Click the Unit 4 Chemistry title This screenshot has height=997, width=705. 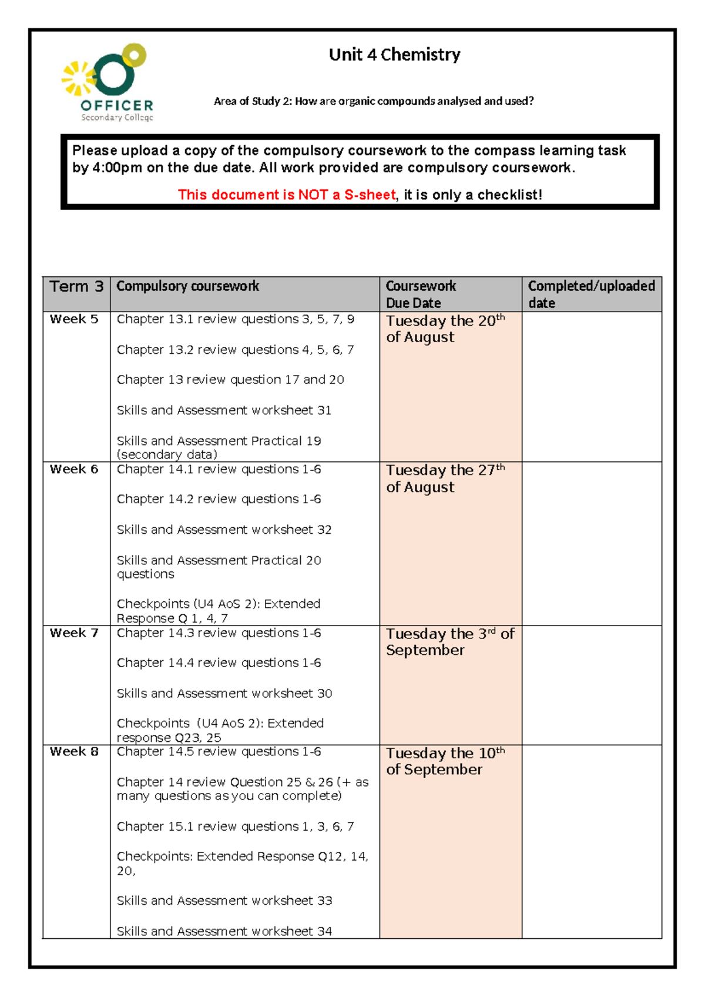click(394, 55)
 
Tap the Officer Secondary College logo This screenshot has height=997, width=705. click(108, 82)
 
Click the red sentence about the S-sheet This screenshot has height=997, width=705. click(287, 195)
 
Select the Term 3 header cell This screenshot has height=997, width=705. click(76, 287)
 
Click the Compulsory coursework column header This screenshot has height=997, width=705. click(187, 286)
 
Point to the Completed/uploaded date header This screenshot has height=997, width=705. click(591, 294)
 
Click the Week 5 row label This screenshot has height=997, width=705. click(74, 319)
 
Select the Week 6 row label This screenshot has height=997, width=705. click(74, 469)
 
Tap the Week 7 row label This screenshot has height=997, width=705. click(74, 633)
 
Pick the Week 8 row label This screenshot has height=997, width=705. click(74, 752)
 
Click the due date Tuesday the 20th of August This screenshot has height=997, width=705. click(445, 329)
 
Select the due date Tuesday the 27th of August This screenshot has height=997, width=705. click(445, 479)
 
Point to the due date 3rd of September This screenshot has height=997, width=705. click(449, 642)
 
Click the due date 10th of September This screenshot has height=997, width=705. click(445, 761)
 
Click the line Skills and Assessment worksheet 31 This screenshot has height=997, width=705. click(224, 410)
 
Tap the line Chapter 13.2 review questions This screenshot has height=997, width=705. click(235, 350)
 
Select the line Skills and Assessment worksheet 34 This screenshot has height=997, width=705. click(224, 931)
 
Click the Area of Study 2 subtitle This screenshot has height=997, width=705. click(374, 101)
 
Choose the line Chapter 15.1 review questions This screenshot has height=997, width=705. click(235, 827)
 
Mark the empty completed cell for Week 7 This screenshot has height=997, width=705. click(591, 685)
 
